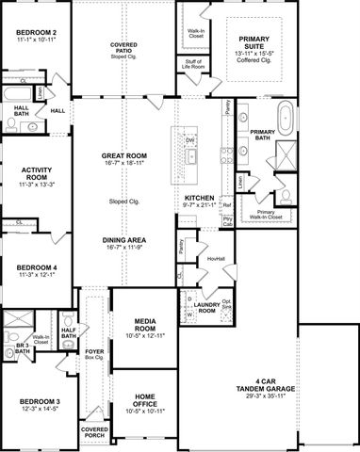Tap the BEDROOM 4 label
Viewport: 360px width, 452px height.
click(35, 267)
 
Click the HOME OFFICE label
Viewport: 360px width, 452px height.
click(144, 399)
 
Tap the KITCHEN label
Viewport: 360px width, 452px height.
click(201, 198)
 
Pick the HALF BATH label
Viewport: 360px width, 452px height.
click(68, 332)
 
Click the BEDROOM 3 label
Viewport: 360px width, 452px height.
click(35, 401)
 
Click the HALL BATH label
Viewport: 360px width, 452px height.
click(20, 110)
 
